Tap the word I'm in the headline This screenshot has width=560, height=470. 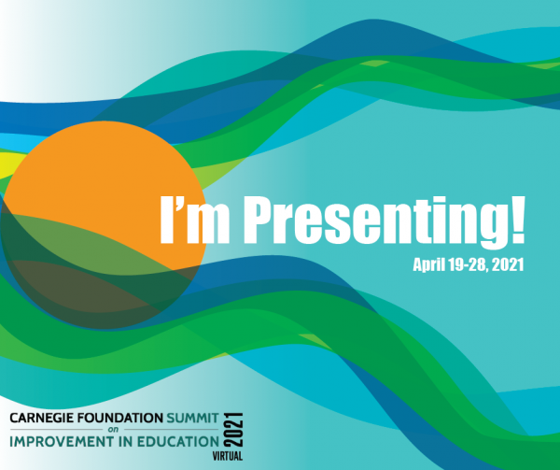click(x=195, y=220)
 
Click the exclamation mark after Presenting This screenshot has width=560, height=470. click(x=517, y=220)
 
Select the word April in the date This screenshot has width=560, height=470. click(x=428, y=265)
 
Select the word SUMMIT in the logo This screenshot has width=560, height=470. click(x=192, y=418)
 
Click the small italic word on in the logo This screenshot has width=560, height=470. click(x=113, y=430)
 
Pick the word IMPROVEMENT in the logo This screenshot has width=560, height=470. click(x=60, y=442)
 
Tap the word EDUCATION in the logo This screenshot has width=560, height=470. click(x=178, y=442)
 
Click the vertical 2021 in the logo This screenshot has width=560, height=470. click(x=233, y=430)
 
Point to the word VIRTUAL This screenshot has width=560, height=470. click(x=228, y=456)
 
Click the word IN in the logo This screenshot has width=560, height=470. click(x=123, y=442)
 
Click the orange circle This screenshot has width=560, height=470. click(x=104, y=224)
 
